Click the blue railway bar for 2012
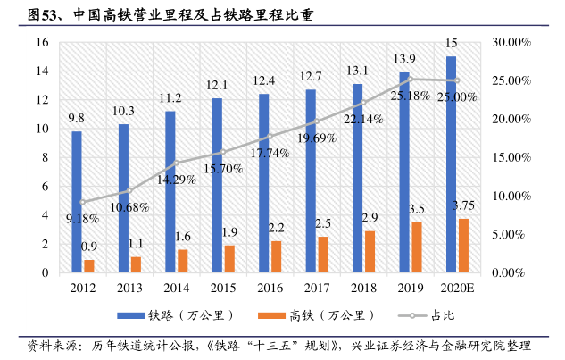pos(77,202)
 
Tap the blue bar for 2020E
pos(451,164)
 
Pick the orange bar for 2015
pos(228,258)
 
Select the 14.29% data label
pos(176,179)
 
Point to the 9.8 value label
pos(77,118)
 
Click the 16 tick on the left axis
pos(42,42)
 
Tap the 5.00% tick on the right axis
pos(511,234)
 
